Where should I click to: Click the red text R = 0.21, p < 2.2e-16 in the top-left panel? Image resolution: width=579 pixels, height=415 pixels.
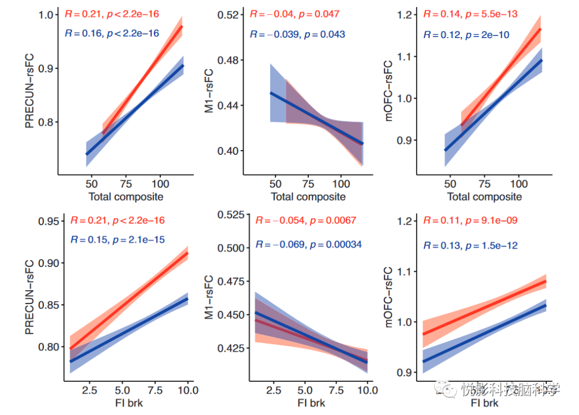point(112,13)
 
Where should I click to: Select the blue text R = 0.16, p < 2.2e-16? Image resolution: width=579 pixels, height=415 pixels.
point(112,33)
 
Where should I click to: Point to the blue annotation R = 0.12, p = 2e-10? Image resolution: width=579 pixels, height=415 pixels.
point(466,35)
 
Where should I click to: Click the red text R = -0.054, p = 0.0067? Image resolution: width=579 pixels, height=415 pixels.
point(306,220)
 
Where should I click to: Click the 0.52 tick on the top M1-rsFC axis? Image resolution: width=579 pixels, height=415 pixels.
point(227,14)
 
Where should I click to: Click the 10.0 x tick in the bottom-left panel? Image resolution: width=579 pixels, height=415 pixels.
point(188,390)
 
